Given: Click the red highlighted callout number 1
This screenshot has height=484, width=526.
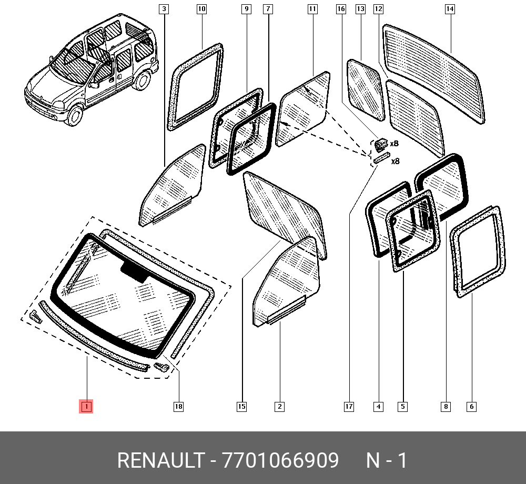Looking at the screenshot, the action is (86, 407).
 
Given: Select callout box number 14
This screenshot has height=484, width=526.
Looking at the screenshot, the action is (450, 9).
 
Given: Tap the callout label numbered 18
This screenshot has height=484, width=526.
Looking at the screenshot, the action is (178, 407).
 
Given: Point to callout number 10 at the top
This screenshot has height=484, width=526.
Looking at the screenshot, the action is (201, 9).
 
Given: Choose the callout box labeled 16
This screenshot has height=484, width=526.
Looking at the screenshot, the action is (341, 9).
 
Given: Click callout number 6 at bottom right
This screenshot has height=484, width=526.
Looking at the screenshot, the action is (471, 407).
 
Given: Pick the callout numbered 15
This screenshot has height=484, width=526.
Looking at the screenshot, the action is (241, 407).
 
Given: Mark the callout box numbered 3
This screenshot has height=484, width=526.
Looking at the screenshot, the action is (164, 9).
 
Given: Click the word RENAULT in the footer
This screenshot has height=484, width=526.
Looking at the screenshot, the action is (160, 460).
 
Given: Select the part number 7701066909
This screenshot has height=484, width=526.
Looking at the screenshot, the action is (280, 460).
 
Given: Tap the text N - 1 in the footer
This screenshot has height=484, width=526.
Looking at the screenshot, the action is (387, 460).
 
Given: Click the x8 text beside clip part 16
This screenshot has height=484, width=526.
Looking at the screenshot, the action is (394, 144).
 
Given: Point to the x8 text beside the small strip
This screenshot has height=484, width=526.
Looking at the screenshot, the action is (396, 162).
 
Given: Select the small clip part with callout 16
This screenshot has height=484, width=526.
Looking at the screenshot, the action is (381, 145).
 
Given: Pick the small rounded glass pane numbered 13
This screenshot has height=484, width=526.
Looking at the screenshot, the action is (365, 89).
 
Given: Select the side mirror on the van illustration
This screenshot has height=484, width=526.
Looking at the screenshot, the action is (94, 85).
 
